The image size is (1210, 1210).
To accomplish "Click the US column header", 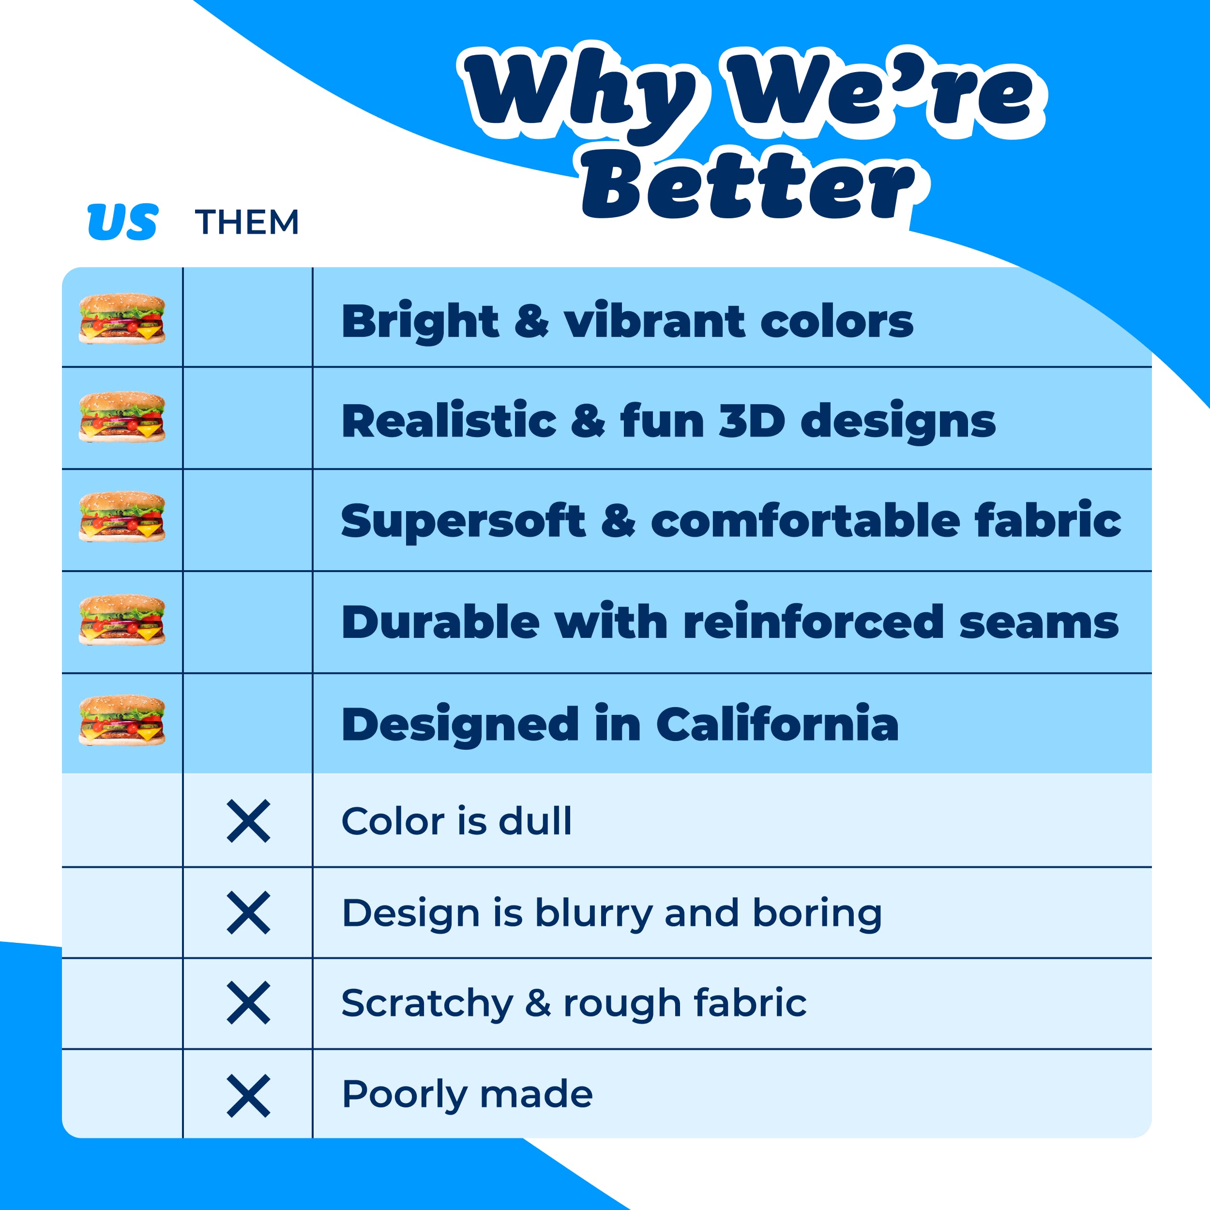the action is click(123, 222).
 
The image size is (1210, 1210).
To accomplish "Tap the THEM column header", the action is click(247, 222).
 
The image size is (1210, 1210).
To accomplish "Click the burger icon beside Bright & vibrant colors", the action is click(122, 319).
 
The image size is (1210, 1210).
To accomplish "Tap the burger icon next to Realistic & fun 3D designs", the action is click(122, 417).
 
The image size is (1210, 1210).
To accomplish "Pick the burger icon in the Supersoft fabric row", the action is click(122, 517).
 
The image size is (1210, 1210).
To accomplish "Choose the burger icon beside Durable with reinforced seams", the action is click(122, 620).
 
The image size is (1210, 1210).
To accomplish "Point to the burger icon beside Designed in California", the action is click(122, 720).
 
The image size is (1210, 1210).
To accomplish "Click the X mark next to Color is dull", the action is click(248, 821).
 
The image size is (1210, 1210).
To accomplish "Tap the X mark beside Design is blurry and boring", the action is click(248, 912).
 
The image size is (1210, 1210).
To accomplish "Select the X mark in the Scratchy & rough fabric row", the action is click(248, 1003).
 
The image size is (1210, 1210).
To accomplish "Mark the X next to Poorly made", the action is click(248, 1096).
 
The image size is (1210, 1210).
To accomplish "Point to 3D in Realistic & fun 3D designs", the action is click(752, 421).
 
